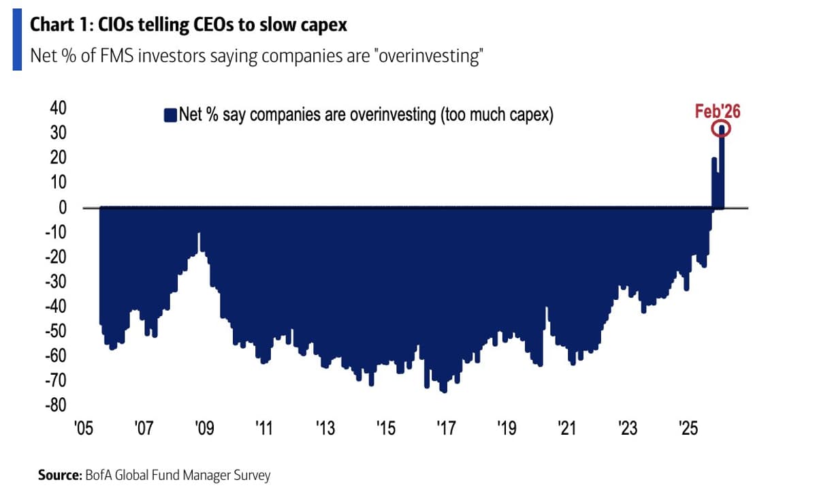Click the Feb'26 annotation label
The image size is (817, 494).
[x=717, y=111]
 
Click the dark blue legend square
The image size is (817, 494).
[x=170, y=114]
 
